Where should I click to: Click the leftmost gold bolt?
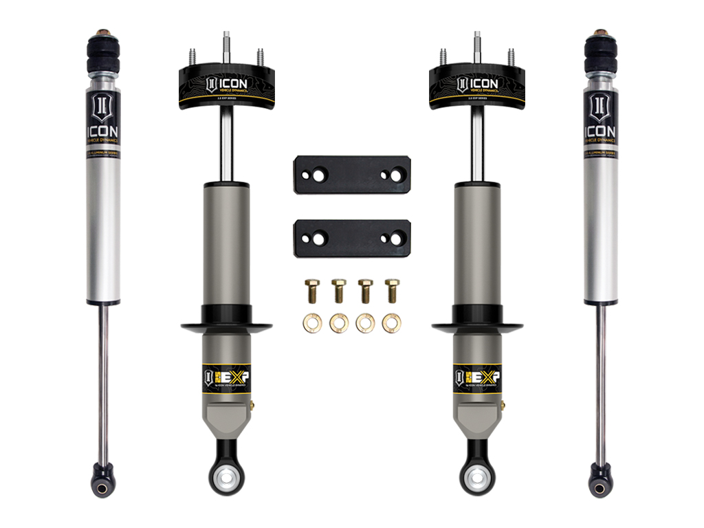pos(311,290)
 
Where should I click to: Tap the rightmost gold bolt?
pos(392,290)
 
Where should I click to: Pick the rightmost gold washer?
pos(392,322)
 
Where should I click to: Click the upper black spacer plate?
pos(351,175)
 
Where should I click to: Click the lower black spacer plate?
pos(351,238)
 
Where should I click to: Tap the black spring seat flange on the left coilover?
pos(226,327)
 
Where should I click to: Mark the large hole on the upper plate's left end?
pos(318,175)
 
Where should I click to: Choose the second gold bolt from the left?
pos(338,290)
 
